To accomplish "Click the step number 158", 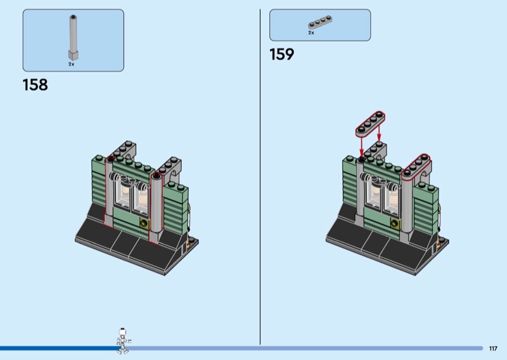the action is [x=35, y=85].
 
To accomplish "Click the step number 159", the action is [x=281, y=54].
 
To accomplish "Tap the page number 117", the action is [x=493, y=349].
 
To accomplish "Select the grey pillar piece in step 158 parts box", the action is [x=74, y=37].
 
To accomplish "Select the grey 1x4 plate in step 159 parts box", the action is [x=320, y=22].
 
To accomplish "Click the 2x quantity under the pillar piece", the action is [x=71, y=64].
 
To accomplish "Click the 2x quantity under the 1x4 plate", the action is [x=311, y=33].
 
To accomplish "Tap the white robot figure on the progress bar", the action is [x=123, y=340].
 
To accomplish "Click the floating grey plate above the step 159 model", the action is [x=371, y=124].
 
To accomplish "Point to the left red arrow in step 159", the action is [x=361, y=146].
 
